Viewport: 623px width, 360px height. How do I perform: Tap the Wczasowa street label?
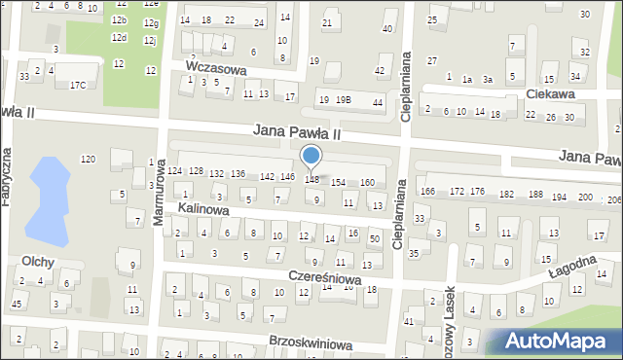[215, 70]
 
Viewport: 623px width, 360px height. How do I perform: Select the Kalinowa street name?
[202, 209]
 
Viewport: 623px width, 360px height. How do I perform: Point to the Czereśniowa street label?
[324, 278]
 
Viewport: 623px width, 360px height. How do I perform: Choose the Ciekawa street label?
[548, 94]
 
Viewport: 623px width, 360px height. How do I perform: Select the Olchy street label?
[37, 262]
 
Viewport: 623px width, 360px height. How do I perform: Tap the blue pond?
[45, 199]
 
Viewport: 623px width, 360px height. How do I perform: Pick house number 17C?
[77, 86]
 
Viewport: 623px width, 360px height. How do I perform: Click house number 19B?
[343, 99]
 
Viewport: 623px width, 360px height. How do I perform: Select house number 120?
[88, 159]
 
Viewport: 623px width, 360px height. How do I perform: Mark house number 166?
[428, 192]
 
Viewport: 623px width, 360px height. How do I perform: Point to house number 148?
[311, 179]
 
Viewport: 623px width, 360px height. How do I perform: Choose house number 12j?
[149, 41]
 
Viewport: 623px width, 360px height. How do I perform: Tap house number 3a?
[488, 80]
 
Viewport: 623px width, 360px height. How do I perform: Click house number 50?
[375, 238]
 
